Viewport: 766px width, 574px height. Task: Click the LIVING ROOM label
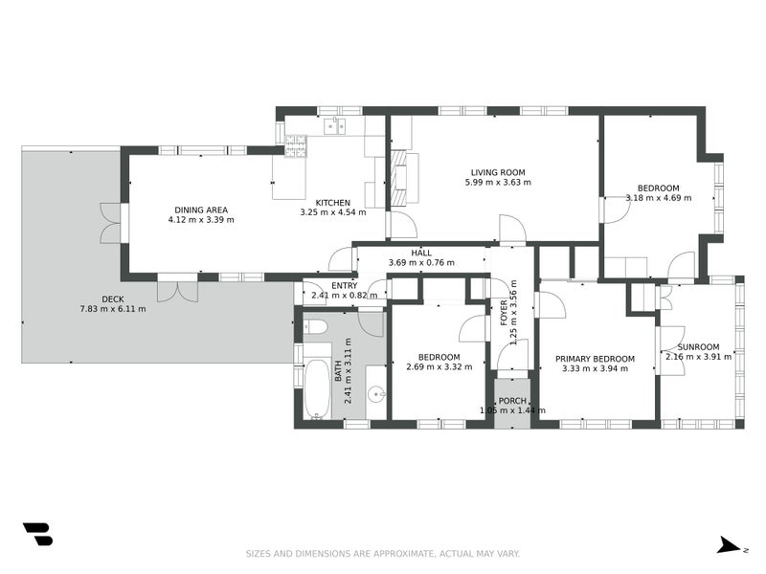click(x=498, y=172)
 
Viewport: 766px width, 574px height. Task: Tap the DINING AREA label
click(x=201, y=210)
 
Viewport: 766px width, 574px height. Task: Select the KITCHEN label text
click(x=332, y=203)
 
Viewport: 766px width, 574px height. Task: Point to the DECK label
click(x=113, y=299)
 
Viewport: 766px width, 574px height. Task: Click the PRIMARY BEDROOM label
click(x=595, y=359)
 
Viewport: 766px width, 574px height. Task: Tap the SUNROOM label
click(x=699, y=347)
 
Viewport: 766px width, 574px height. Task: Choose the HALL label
click(x=421, y=253)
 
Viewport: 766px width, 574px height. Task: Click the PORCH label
click(x=512, y=401)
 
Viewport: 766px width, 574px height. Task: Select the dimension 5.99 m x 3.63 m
click(x=498, y=183)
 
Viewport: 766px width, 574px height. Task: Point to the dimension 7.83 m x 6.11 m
click(x=113, y=309)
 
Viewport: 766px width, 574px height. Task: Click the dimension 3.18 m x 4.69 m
click(x=659, y=198)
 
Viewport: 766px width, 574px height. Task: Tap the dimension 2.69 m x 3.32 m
click(x=439, y=367)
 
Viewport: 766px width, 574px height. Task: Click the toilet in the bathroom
click(x=314, y=326)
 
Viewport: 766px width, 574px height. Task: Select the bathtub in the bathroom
click(x=318, y=389)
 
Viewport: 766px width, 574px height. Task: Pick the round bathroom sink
click(x=376, y=393)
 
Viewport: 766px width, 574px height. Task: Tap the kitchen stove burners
click(x=296, y=147)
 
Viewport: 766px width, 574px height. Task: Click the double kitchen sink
click(x=334, y=125)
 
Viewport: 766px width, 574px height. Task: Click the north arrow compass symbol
click(x=730, y=545)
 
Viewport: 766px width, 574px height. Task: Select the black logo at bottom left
click(x=37, y=534)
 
